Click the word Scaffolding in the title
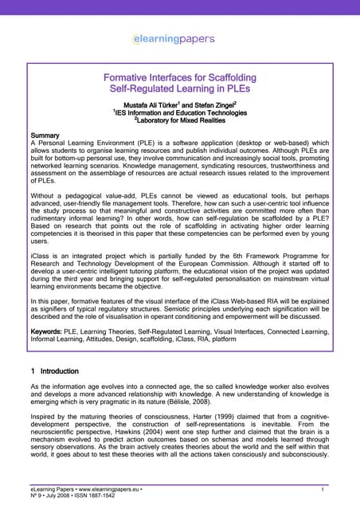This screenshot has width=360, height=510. click(x=225, y=77)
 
